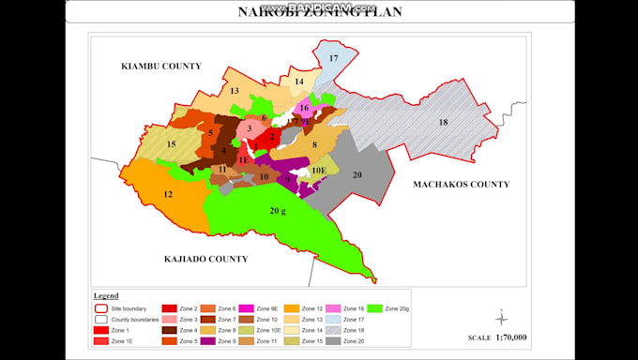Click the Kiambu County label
click(x=161, y=67)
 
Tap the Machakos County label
click(x=461, y=185)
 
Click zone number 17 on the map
click(x=333, y=59)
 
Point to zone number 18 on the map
click(x=443, y=123)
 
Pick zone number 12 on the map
click(x=168, y=194)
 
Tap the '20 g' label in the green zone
click(x=278, y=211)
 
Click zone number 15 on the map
click(x=170, y=144)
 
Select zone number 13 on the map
click(x=235, y=91)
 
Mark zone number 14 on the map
click(x=299, y=82)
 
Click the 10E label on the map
click(x=319, y=170)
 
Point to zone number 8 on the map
click(x=315, y=143)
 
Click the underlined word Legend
click(x=106, y=295)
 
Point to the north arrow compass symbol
click(x=502, y=316)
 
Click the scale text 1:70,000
click(x=509, y=337)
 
